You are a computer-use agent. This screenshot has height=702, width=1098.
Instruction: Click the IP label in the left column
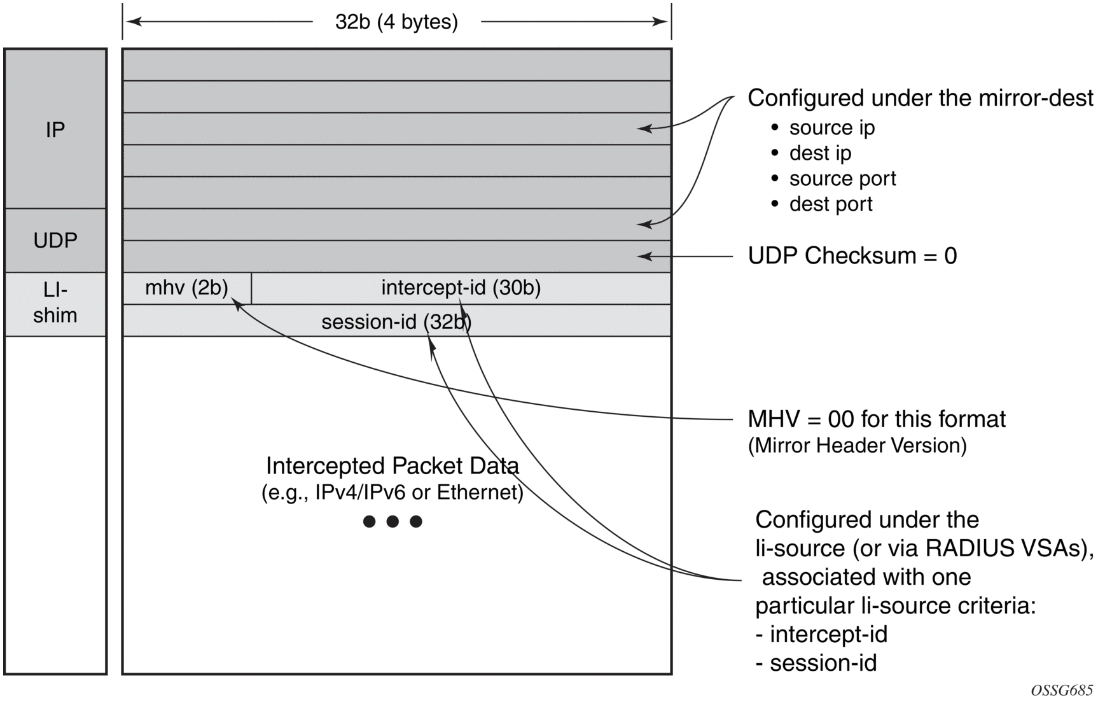pyautogui.click(x=55, y=130)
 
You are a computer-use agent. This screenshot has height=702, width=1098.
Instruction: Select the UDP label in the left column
pyautogui.click(x=55, y=241)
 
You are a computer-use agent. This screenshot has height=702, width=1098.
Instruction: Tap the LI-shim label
pyautogui.click(x=55, y=303)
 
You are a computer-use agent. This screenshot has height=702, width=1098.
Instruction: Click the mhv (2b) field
pyautogui.click(x=186, y=288)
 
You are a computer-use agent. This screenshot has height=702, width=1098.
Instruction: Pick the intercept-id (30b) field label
pyautogui.click(x=461, y=288)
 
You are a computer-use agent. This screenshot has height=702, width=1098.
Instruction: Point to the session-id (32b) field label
pyautogui.click(x=396, y=322)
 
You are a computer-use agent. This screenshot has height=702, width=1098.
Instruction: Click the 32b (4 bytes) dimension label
pyautogui.click(x=396, y=22)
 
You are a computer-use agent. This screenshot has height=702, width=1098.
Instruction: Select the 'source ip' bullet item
pyautogui.click(x=831, y=128)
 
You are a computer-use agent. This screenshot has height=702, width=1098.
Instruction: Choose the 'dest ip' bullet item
pyautogui.click(x=820, y=153)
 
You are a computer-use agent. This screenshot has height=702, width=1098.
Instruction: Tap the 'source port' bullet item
pyautogui.click(x=842, y=179)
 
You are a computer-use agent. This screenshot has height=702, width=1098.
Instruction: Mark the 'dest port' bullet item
pyautogui.click(x=831, y=204)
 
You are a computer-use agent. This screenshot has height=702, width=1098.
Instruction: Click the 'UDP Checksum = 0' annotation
pyautogui.click(x=852, y=256)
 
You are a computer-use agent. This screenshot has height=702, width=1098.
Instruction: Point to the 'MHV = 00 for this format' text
pyautogui.click(x=877, y=419)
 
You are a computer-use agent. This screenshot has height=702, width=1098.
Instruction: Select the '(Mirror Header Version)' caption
pyautogui.click(x=857, y=446)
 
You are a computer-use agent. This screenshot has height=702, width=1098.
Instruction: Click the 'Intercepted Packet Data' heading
pyautogui.click(x=392, y=466)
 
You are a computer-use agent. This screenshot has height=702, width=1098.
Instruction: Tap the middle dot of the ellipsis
pyautogui.click(x=393, y=522)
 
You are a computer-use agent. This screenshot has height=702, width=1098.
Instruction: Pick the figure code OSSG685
pyautogui.click(x=1062, y=691)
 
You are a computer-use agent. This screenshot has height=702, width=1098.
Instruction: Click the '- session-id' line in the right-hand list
pyautogui.click(x=816, y=663)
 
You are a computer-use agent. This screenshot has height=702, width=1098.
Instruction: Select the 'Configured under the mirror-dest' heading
pyautogui.click(x=920, y=98)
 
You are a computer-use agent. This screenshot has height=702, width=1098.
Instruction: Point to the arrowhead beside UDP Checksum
pyautogui.click(x=644, y=256)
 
